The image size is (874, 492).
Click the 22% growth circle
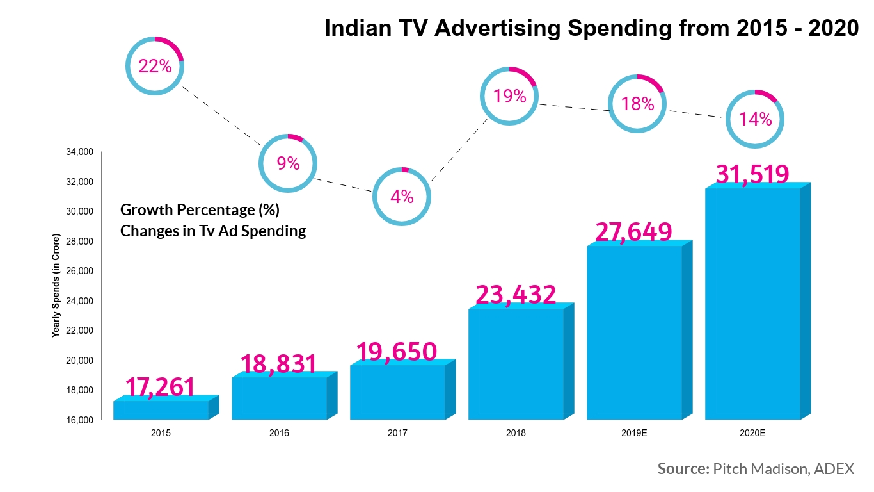pyautogui.click(x=155, y=66)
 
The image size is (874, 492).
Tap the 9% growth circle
pyautogui.click(x=288, y=163)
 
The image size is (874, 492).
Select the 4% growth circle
pyautogui.click(x=402, y=197)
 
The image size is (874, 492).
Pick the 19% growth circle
pyautogui.click(x=509, y=96)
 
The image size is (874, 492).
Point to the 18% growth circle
pyautogui.click(x=637, y=104)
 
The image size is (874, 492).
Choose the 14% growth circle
pyautogui.click(x=755, y=119)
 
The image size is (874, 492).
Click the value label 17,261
pyautogui.click(x=159, y=388)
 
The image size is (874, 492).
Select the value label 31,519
pyautogui.click(x=752, y=174)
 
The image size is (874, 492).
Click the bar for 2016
pyautogui.click(x=279, y=398)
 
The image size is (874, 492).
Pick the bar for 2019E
pyautogui.click(x=634, y=333)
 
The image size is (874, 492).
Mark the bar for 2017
pyautogui.click(x=397, y=392)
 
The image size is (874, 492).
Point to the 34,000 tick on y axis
pyautogui.click(x=80, y=152)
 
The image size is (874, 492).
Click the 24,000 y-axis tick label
pyautogui.click(x=80, y=301)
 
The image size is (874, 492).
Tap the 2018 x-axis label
pyautogui.click(x=516, y=433)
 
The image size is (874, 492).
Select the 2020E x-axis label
pyautogui.click(x=752, y=433)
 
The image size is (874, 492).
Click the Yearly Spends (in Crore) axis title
pyautogui.click(x=56, y=286)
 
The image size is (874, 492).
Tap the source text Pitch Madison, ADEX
pyautogui.click(x=782, y=469)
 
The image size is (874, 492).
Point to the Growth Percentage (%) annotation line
pyautogui.click(x=200, y=209)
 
